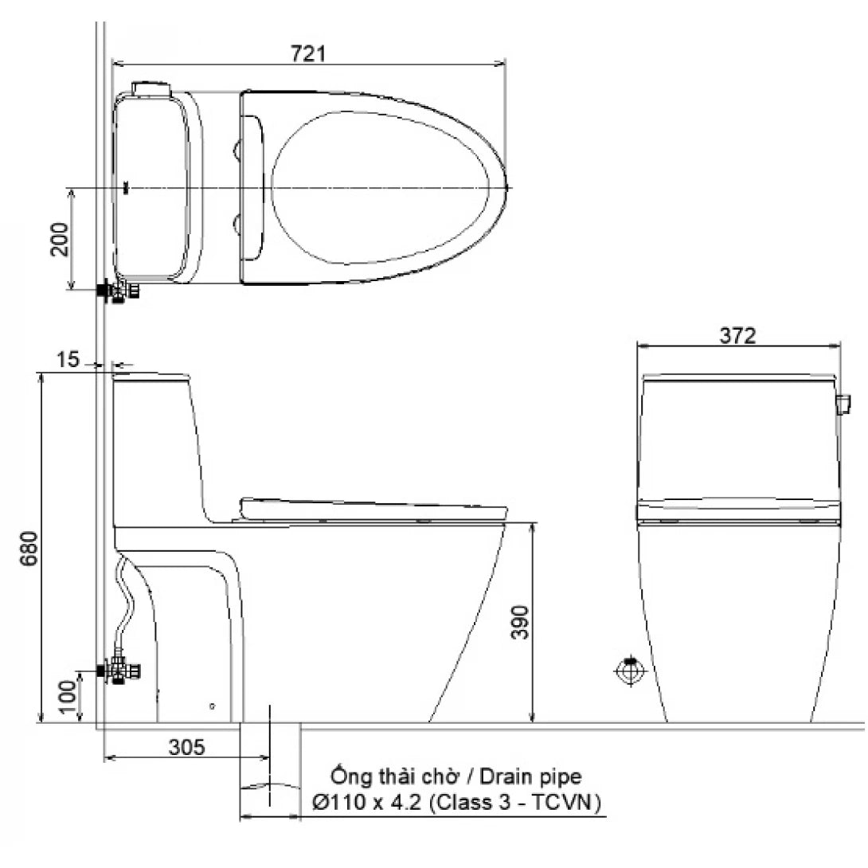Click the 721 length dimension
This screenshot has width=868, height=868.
[x=307, y=54]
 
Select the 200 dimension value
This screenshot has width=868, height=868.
[x=61, y=239]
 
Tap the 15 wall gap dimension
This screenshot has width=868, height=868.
[x=69, y=360]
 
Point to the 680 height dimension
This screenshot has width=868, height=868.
[x=29, y=549]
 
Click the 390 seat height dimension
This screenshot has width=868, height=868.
[x=518, y=622]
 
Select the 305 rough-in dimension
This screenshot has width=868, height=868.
[x=187, y=747]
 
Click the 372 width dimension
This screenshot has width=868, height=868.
[x=737, y=336]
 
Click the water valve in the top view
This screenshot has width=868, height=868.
[x=118, y=291]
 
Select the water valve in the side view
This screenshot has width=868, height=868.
[x=119, y=671]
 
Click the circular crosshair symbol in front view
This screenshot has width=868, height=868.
[x=630, y=671]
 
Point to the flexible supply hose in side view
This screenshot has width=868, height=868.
[x=126, y=605]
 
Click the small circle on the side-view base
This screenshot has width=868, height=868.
[x=212, y=706]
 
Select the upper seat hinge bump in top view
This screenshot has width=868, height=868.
[x=237, y=150]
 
